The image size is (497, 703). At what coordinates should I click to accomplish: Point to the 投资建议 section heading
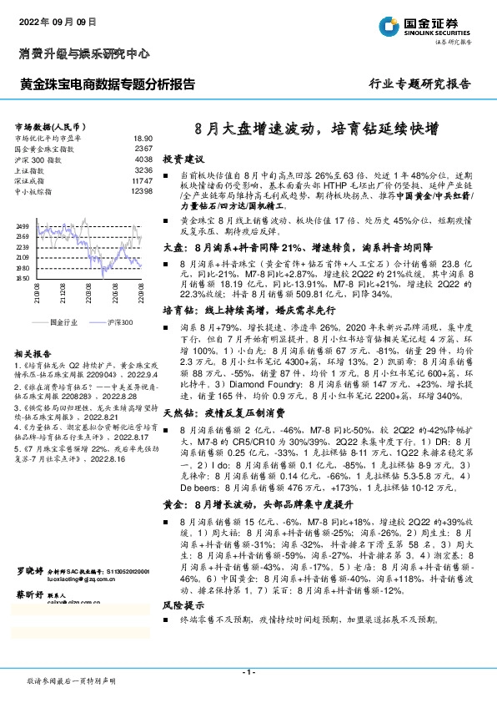tap(183, 158)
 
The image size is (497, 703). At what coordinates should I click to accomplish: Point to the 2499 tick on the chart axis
tap(23, 226)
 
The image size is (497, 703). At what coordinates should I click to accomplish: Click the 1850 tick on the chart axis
tap(23, 279)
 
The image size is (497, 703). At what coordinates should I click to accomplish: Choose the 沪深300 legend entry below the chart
tap(120, 321)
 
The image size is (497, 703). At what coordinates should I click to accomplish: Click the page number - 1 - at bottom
tap(248, 672)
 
